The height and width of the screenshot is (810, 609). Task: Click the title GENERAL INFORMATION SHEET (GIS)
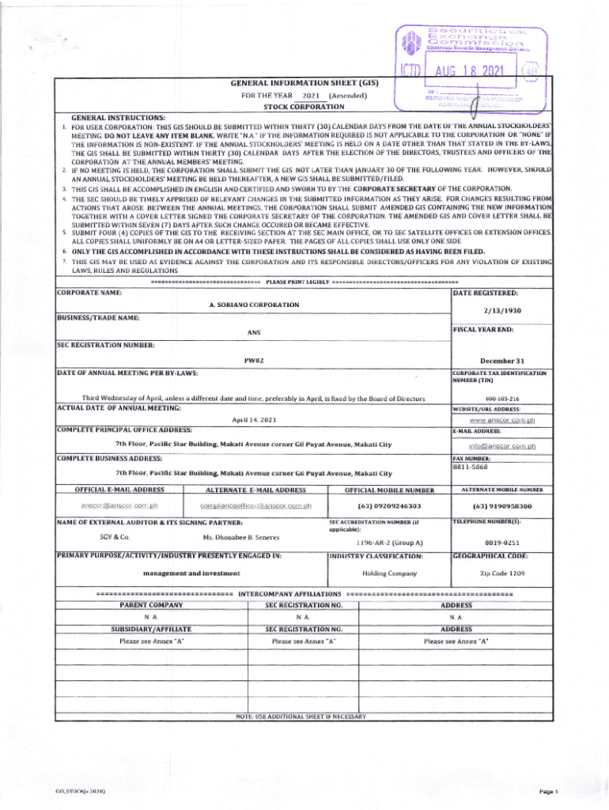click(304, 81)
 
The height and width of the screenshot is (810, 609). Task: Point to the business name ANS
click(253, 332)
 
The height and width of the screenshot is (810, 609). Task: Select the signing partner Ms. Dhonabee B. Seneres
click(236, 537)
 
